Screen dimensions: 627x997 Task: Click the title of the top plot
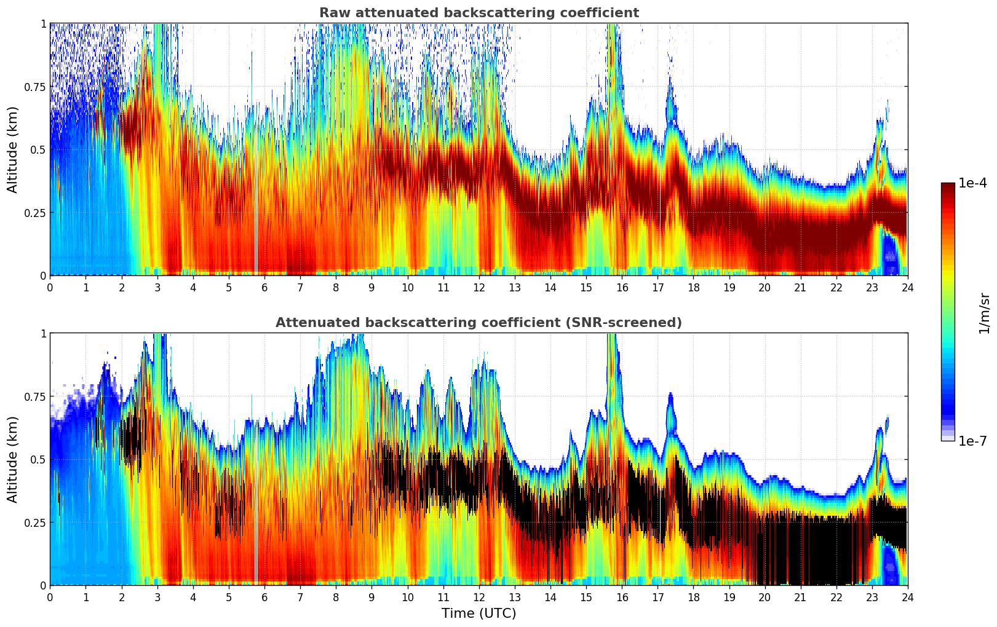[x=479, y=13]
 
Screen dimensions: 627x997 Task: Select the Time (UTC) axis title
[x=479, y=613]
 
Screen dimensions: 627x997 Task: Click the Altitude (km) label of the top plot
[x=13, y=149]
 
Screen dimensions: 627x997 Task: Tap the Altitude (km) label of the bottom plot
[x=13, y=459]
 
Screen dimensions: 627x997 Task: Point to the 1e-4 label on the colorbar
[x=972, y=183]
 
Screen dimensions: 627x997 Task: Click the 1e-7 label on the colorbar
[x=972, y=441]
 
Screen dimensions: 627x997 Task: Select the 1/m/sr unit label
[x=984, y=313]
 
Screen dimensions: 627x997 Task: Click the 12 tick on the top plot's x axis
[x=479, y=287]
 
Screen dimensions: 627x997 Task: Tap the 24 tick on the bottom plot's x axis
[x=907, y=597]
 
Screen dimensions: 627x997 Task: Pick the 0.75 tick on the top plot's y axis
[x=34, y=87]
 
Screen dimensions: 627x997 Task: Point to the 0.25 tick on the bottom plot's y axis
[x=34, y=522]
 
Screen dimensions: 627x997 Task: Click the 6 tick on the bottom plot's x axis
[x=264, y=597]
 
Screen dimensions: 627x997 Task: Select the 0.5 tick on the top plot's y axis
[x=37, y=149]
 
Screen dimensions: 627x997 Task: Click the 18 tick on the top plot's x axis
[x=693, y=287]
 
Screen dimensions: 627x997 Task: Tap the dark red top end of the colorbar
[x=947, y=187]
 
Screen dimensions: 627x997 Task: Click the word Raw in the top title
[x=332, y=13]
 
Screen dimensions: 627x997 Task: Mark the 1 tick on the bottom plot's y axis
[x=43, y=333]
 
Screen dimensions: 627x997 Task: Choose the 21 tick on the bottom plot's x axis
[x=800, y=597]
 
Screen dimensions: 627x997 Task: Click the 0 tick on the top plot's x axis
[x=50, y=287]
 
